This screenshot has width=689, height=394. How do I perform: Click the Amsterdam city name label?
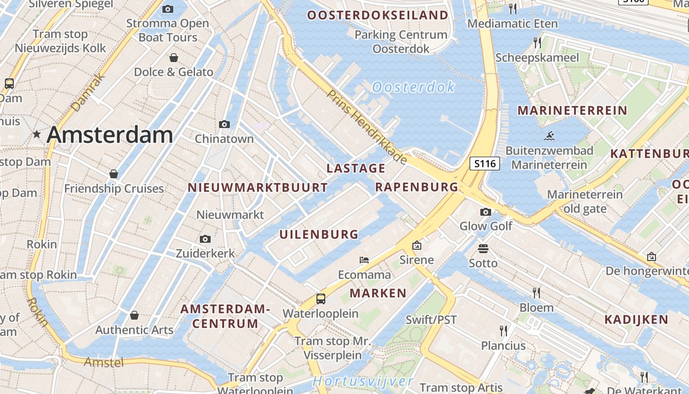click(110, 135)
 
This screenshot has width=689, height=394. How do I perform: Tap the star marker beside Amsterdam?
click(36, 134)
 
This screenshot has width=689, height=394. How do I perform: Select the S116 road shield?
click(485, 164)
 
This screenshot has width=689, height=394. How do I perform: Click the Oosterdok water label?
click(413, 87)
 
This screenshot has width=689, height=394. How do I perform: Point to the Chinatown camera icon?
click(224, 124)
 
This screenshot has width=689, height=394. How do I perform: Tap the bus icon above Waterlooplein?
click(320, 298)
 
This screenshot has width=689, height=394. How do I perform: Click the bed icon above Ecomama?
click(364, 260)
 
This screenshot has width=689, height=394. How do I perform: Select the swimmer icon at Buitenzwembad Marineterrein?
click(550, 136)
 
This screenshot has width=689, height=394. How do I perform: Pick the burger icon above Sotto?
click(483, 248)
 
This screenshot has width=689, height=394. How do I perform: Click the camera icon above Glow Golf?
click(486, 212)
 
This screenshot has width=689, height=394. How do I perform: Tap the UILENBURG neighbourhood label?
click(319, 234)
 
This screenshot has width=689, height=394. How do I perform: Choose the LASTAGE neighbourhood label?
click(356, 168)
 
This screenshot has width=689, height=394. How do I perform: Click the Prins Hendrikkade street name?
click(367, 127)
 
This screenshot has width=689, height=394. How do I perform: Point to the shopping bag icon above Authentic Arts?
click(134, 315)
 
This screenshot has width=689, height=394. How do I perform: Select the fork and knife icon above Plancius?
click(503, 330)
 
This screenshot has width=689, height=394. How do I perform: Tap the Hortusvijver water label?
click(363, 381)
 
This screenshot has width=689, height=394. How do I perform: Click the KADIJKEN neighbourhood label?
click(636, 319)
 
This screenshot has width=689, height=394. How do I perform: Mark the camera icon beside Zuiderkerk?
click(205, 239)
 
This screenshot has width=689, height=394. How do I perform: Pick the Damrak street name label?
click(89, 92)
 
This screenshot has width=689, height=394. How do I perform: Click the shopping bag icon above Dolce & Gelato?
click(174, 58)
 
